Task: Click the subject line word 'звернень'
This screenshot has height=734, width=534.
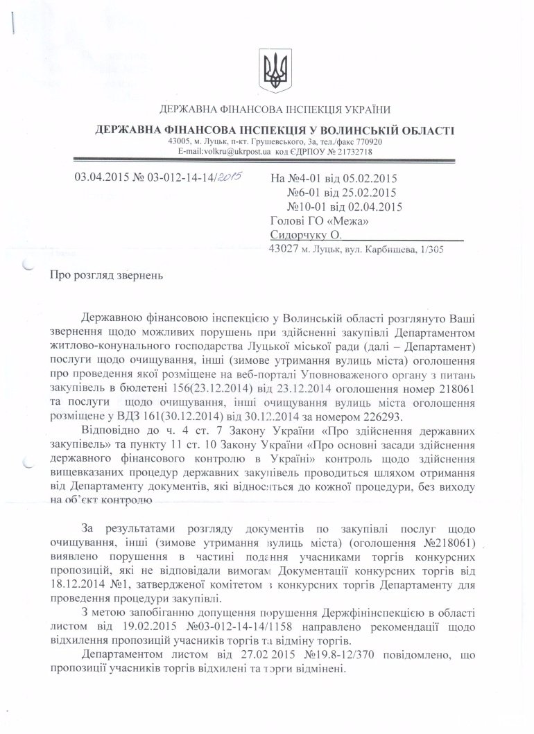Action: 140,277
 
